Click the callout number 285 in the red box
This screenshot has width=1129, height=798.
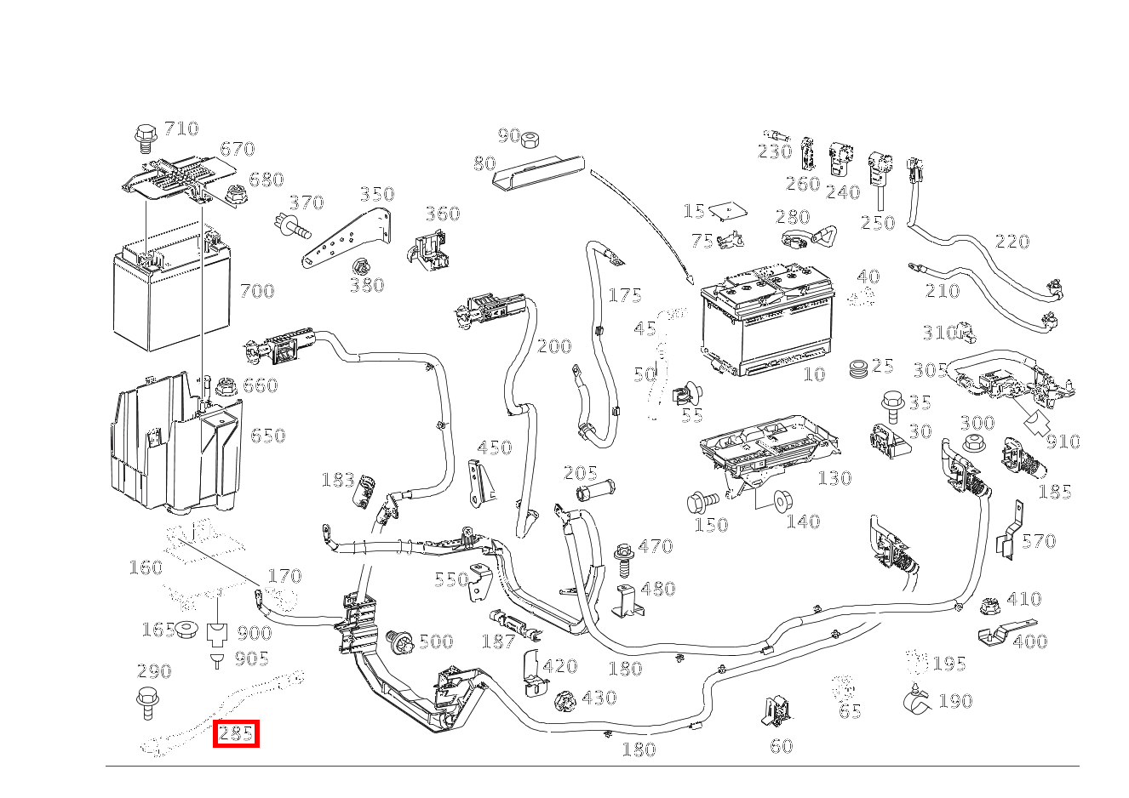[x=235, y=733]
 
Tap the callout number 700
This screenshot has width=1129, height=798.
[x=256, y=291]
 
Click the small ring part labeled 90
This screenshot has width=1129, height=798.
[x=533, y=139]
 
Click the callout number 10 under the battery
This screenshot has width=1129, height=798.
[x=814, y=374]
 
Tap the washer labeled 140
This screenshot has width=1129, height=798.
[x=780, y=501]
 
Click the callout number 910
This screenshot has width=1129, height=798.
[x=1063, y=442]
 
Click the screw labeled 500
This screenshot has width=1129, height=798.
[x=398, y=641]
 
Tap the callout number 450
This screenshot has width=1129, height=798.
[x=494, y=447]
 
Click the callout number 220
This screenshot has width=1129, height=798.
[x=1012, y=242]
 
